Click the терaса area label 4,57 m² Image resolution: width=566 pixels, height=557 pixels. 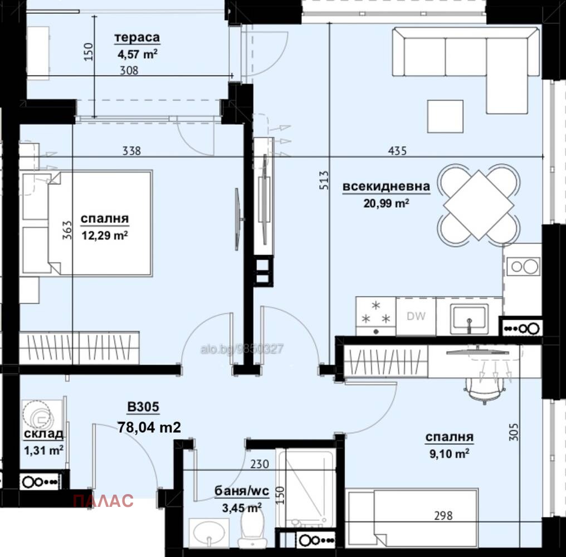click(x=136, y=54)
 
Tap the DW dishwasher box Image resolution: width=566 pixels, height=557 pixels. click(x=416, y=316)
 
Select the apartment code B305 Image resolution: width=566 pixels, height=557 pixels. click(x=143, y=408)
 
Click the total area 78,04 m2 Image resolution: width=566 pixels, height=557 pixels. click(x=149, y=427)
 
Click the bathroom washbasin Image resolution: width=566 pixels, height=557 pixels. click(x=208, y=533)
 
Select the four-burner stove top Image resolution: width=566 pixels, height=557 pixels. click(x=375, y=315)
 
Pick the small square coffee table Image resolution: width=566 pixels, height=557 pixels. click(x=445, y=116)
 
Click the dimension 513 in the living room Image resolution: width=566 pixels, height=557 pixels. click(x=323, y=182)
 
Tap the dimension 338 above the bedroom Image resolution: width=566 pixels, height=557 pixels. click(x=131, y=150)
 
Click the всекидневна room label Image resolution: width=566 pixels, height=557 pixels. click(x=387, y=187)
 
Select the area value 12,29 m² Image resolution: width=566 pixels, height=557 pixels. click(x=105, y=236)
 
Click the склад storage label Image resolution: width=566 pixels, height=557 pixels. click(x=43, y=434)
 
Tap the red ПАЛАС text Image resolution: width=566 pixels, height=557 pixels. click(x=103, y=501)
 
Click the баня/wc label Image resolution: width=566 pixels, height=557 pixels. click(x=242, y=491)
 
